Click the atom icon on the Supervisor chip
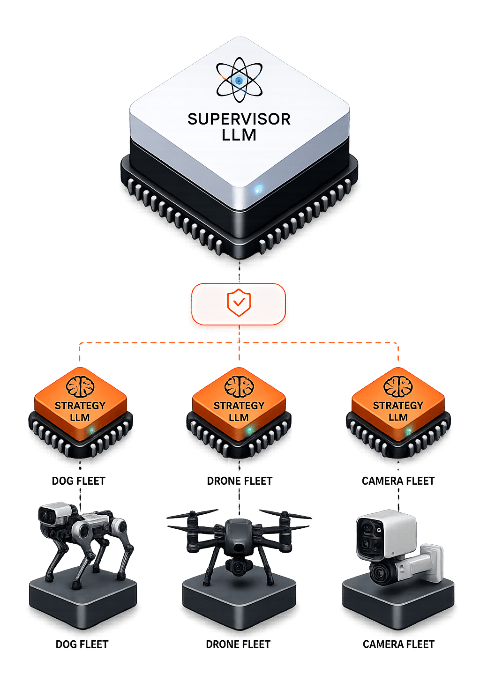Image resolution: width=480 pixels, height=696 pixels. pyautogui.click(x=239, y=80)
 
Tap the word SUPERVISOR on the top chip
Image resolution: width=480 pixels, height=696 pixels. pyautogui.click(x=239, y=119)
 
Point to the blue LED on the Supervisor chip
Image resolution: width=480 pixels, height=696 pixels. pyautogui.click(x=257, y=189)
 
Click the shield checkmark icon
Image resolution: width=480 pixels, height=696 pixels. pyautogui.click(x=239, y=303)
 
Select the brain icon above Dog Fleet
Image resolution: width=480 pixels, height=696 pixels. pyautogui.click(x=80, y=387)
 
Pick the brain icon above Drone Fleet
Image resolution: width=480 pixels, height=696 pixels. pyautogui.click(x=239, y=387)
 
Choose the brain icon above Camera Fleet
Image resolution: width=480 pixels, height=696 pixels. pyautogui.click(x=398, y=387)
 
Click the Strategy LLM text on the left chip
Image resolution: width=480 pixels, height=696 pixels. pyautogui.click(x=80, y=411)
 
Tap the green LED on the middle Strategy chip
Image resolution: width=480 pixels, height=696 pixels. pyautogui.click(x=250, y=429)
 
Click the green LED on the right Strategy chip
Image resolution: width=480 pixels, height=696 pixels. pyautogui.click(x=409, y=431)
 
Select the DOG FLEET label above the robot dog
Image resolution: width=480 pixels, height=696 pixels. pyautogui.click(x=79, y=481)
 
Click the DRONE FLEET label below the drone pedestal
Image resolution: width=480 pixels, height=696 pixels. pyautogui.click(x=238, y=644)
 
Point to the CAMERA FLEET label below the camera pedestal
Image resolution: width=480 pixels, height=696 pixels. pyautogui.click(x=398, y=644)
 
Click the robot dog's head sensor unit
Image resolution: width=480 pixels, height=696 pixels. pyautogui.click(x=53, y=514)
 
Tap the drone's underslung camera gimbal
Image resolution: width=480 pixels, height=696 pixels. pyautogui.click(x=239, y=566)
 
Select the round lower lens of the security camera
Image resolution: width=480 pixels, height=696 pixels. pyautogui.click(x=382, y=572)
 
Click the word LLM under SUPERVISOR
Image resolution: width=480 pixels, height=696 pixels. pyautogui.click(x=239, y=135)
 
